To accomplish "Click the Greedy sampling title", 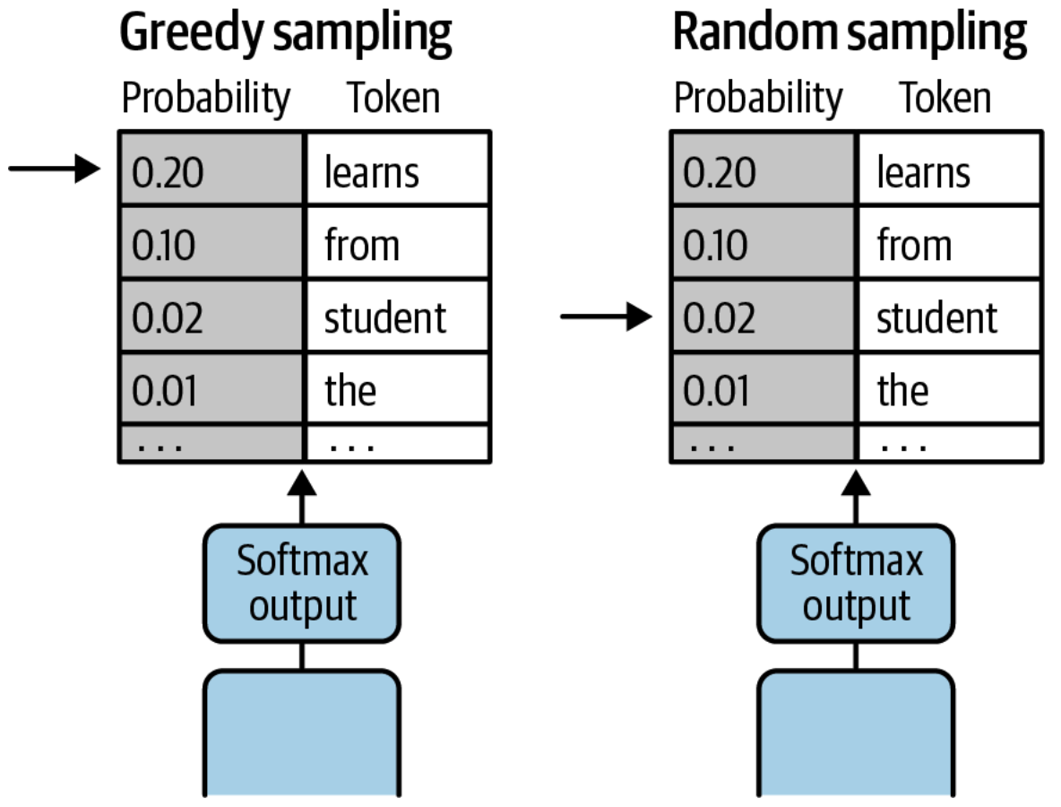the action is pyautogui.click(x=286, y=32).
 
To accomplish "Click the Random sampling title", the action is pyautogui.click(x=850, y=32).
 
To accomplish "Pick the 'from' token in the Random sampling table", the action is pyautogui.click(x=914, y=244).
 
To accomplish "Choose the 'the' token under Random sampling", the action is pyautogui.click(x=902, y=390).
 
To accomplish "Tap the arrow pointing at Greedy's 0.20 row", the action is pyautogui.click(x=54, y=169).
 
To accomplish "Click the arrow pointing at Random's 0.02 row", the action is pyautogui.click(x=607, y=317).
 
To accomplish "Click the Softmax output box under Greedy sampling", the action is pyautogui.click(x=302, y=583).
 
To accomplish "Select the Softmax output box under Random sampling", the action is pyautogui.click(x=856, y=583).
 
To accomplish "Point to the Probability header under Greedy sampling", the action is pyautogui.click(x=206, y=99).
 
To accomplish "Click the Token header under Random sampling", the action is pyautogui.click(x=945, y=98).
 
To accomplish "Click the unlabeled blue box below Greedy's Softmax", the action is pyautogui.click(x=302, y=733).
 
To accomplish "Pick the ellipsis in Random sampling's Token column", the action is pyautogui.click(x=903, y=447).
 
